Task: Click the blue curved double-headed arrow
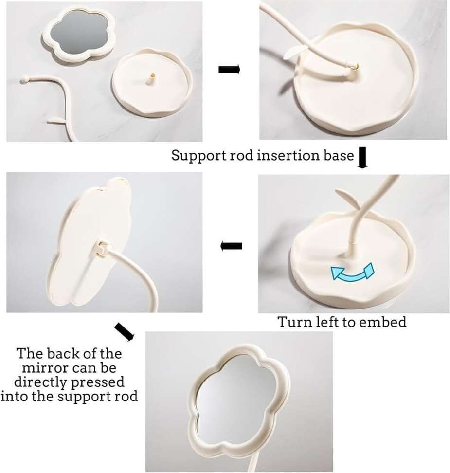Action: coord(353,273)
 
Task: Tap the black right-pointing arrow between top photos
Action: coord(229,70)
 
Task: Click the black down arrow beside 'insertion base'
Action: coord(362,159)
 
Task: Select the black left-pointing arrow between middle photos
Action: coord(232,246)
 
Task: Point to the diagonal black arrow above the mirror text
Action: coord(124,331)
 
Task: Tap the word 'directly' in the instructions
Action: coord(41,382)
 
